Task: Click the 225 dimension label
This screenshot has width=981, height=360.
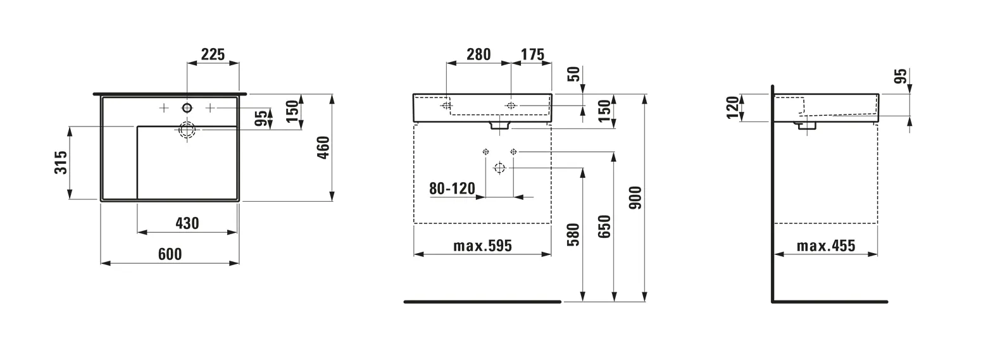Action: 213,54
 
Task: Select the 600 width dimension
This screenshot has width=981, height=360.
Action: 170,254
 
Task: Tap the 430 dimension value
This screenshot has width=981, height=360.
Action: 187,223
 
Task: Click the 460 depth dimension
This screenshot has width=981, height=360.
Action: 323,147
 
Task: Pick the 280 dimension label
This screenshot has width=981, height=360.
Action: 478,54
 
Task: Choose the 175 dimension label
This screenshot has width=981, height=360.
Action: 532,54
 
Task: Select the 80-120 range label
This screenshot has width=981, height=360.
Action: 452,189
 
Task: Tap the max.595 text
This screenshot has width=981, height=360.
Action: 482,245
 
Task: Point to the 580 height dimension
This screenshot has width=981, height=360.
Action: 573,235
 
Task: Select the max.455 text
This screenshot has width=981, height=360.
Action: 825,245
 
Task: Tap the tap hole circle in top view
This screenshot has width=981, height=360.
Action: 187,108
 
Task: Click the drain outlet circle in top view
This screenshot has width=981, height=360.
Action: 187,130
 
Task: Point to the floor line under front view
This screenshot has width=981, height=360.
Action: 482,302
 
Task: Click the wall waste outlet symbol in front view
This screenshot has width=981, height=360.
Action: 499,168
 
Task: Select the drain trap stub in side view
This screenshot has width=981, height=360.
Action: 806,126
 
